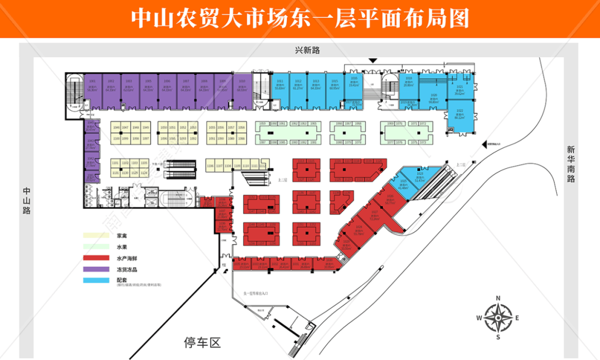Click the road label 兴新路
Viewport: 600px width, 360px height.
308,51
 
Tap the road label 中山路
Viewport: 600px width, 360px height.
26,200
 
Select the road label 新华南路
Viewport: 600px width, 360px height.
571,164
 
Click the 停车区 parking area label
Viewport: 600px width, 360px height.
202,343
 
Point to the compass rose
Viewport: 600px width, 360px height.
498,318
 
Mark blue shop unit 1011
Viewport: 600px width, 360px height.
279,89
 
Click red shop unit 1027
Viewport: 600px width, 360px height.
374,217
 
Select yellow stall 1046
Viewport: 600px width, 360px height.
116,128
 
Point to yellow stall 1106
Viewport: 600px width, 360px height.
210,166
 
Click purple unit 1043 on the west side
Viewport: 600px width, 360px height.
89,145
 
